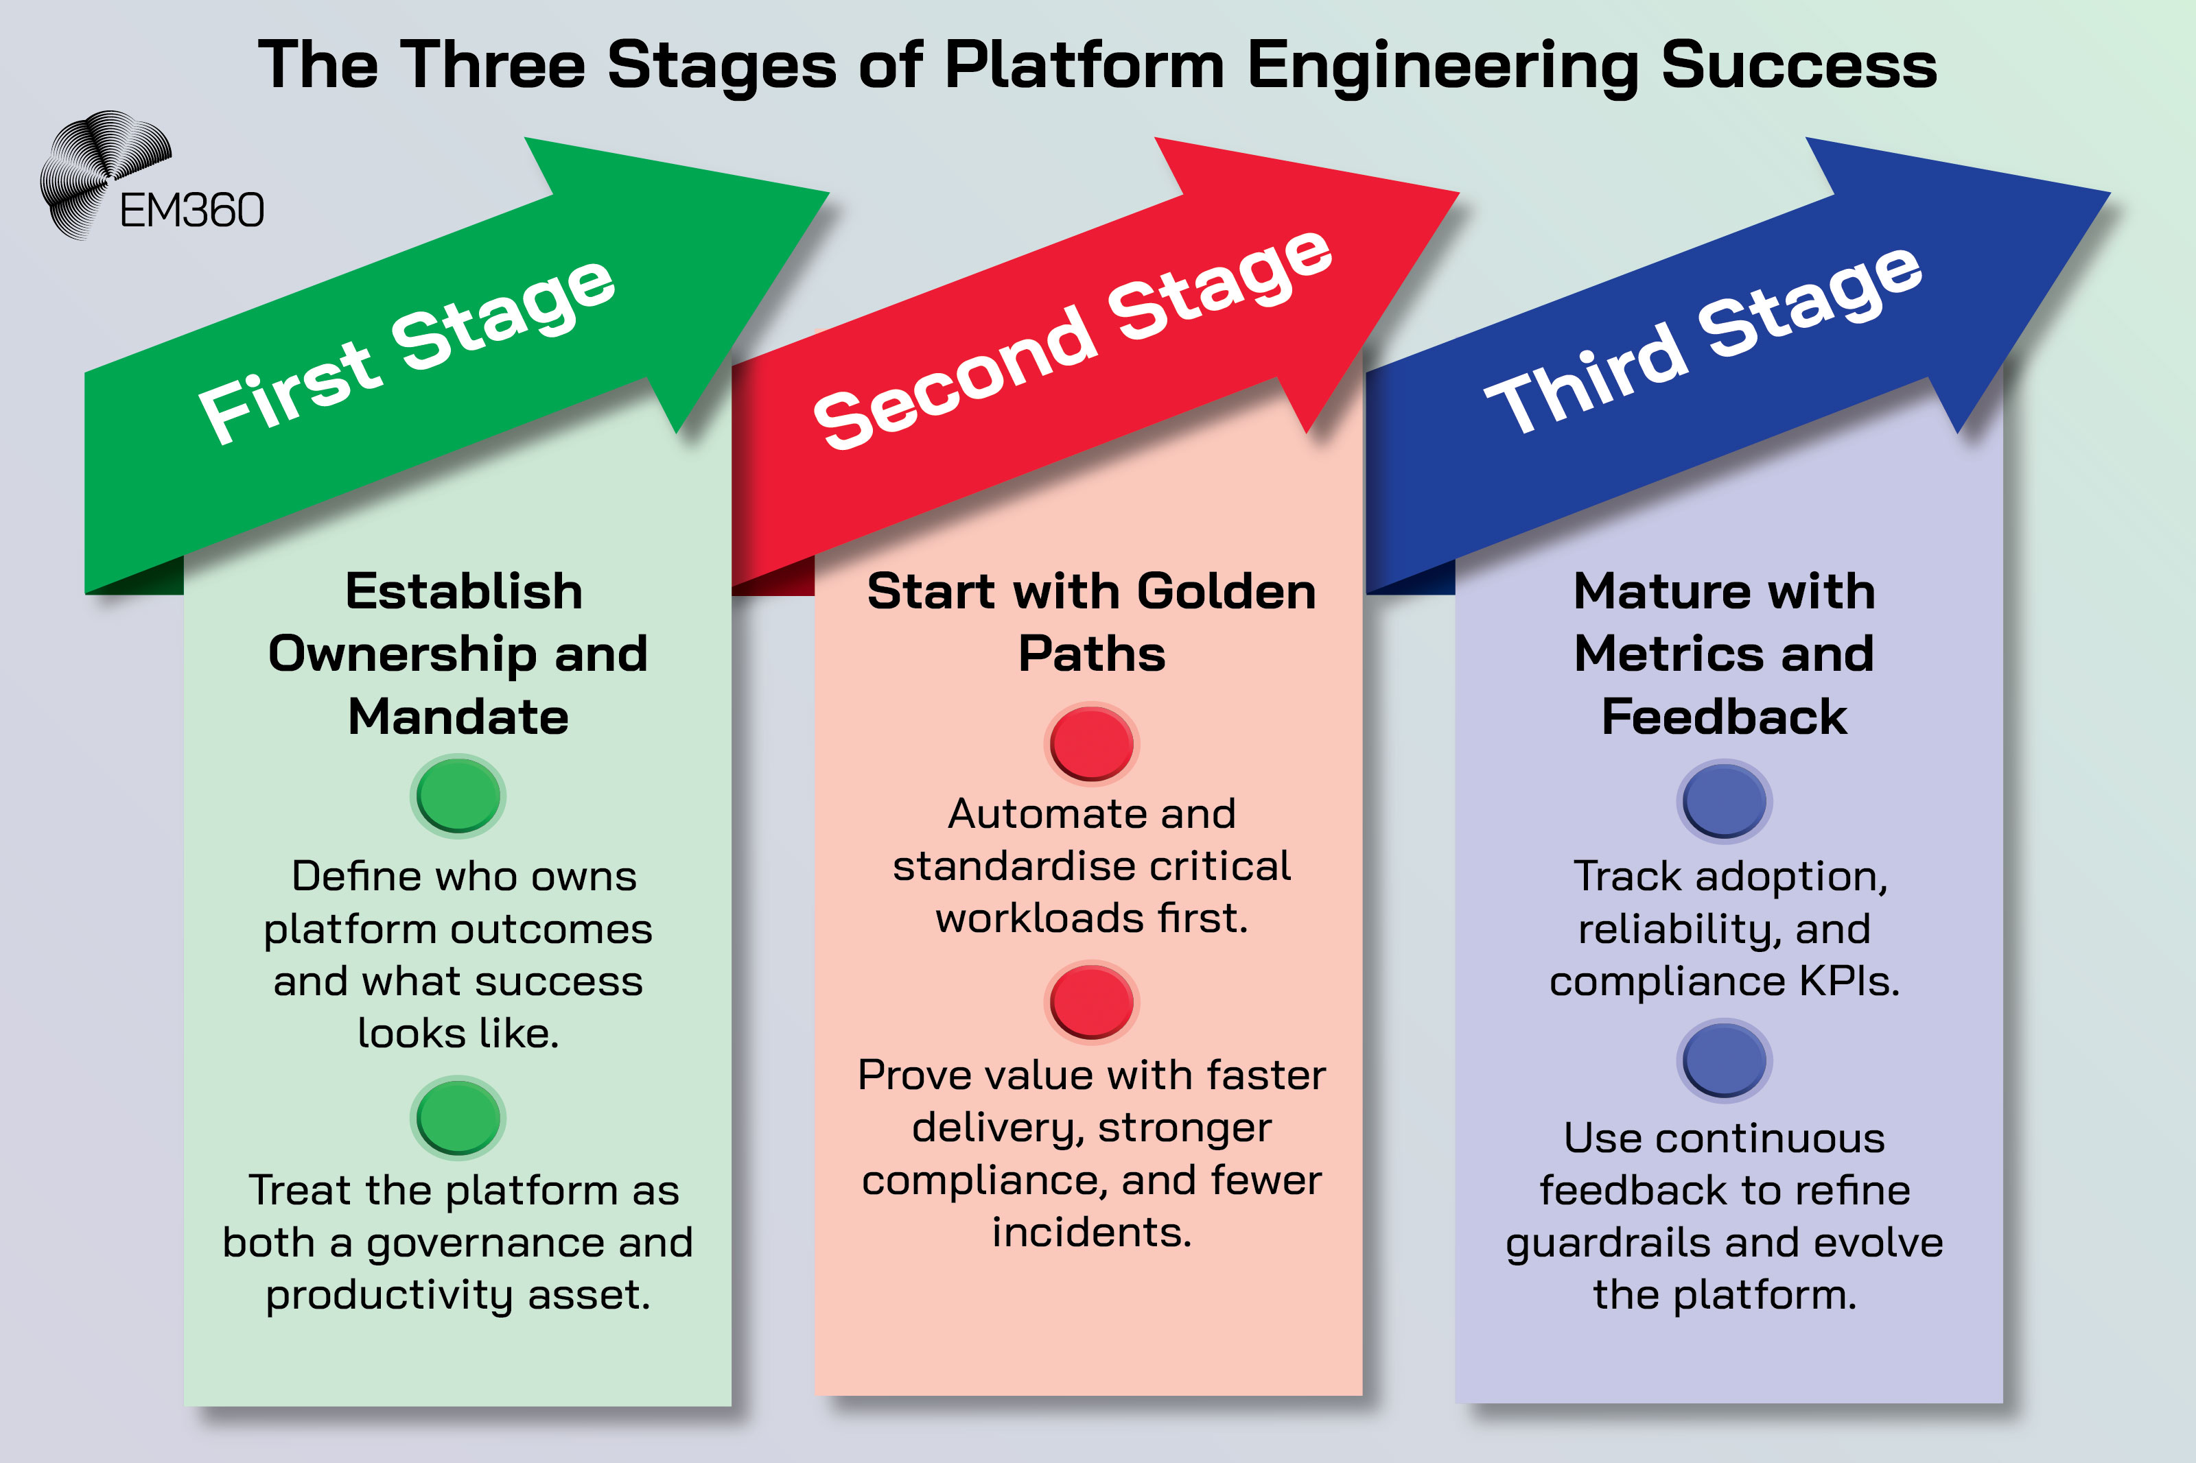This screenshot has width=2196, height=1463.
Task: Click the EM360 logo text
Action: (x=191, y=211)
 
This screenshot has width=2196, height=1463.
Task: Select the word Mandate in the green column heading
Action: (x=458, y=717)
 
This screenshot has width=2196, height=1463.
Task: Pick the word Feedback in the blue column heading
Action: (x=1724, y=717)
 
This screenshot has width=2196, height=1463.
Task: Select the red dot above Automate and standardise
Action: (x=1091, y=744)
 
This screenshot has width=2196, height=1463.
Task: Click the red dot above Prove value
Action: (x=1091, y=1002)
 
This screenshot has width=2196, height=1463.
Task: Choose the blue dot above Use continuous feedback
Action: (x=1724, y=1060)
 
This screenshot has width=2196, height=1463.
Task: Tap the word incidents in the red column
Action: (x=1091, y=1233)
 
